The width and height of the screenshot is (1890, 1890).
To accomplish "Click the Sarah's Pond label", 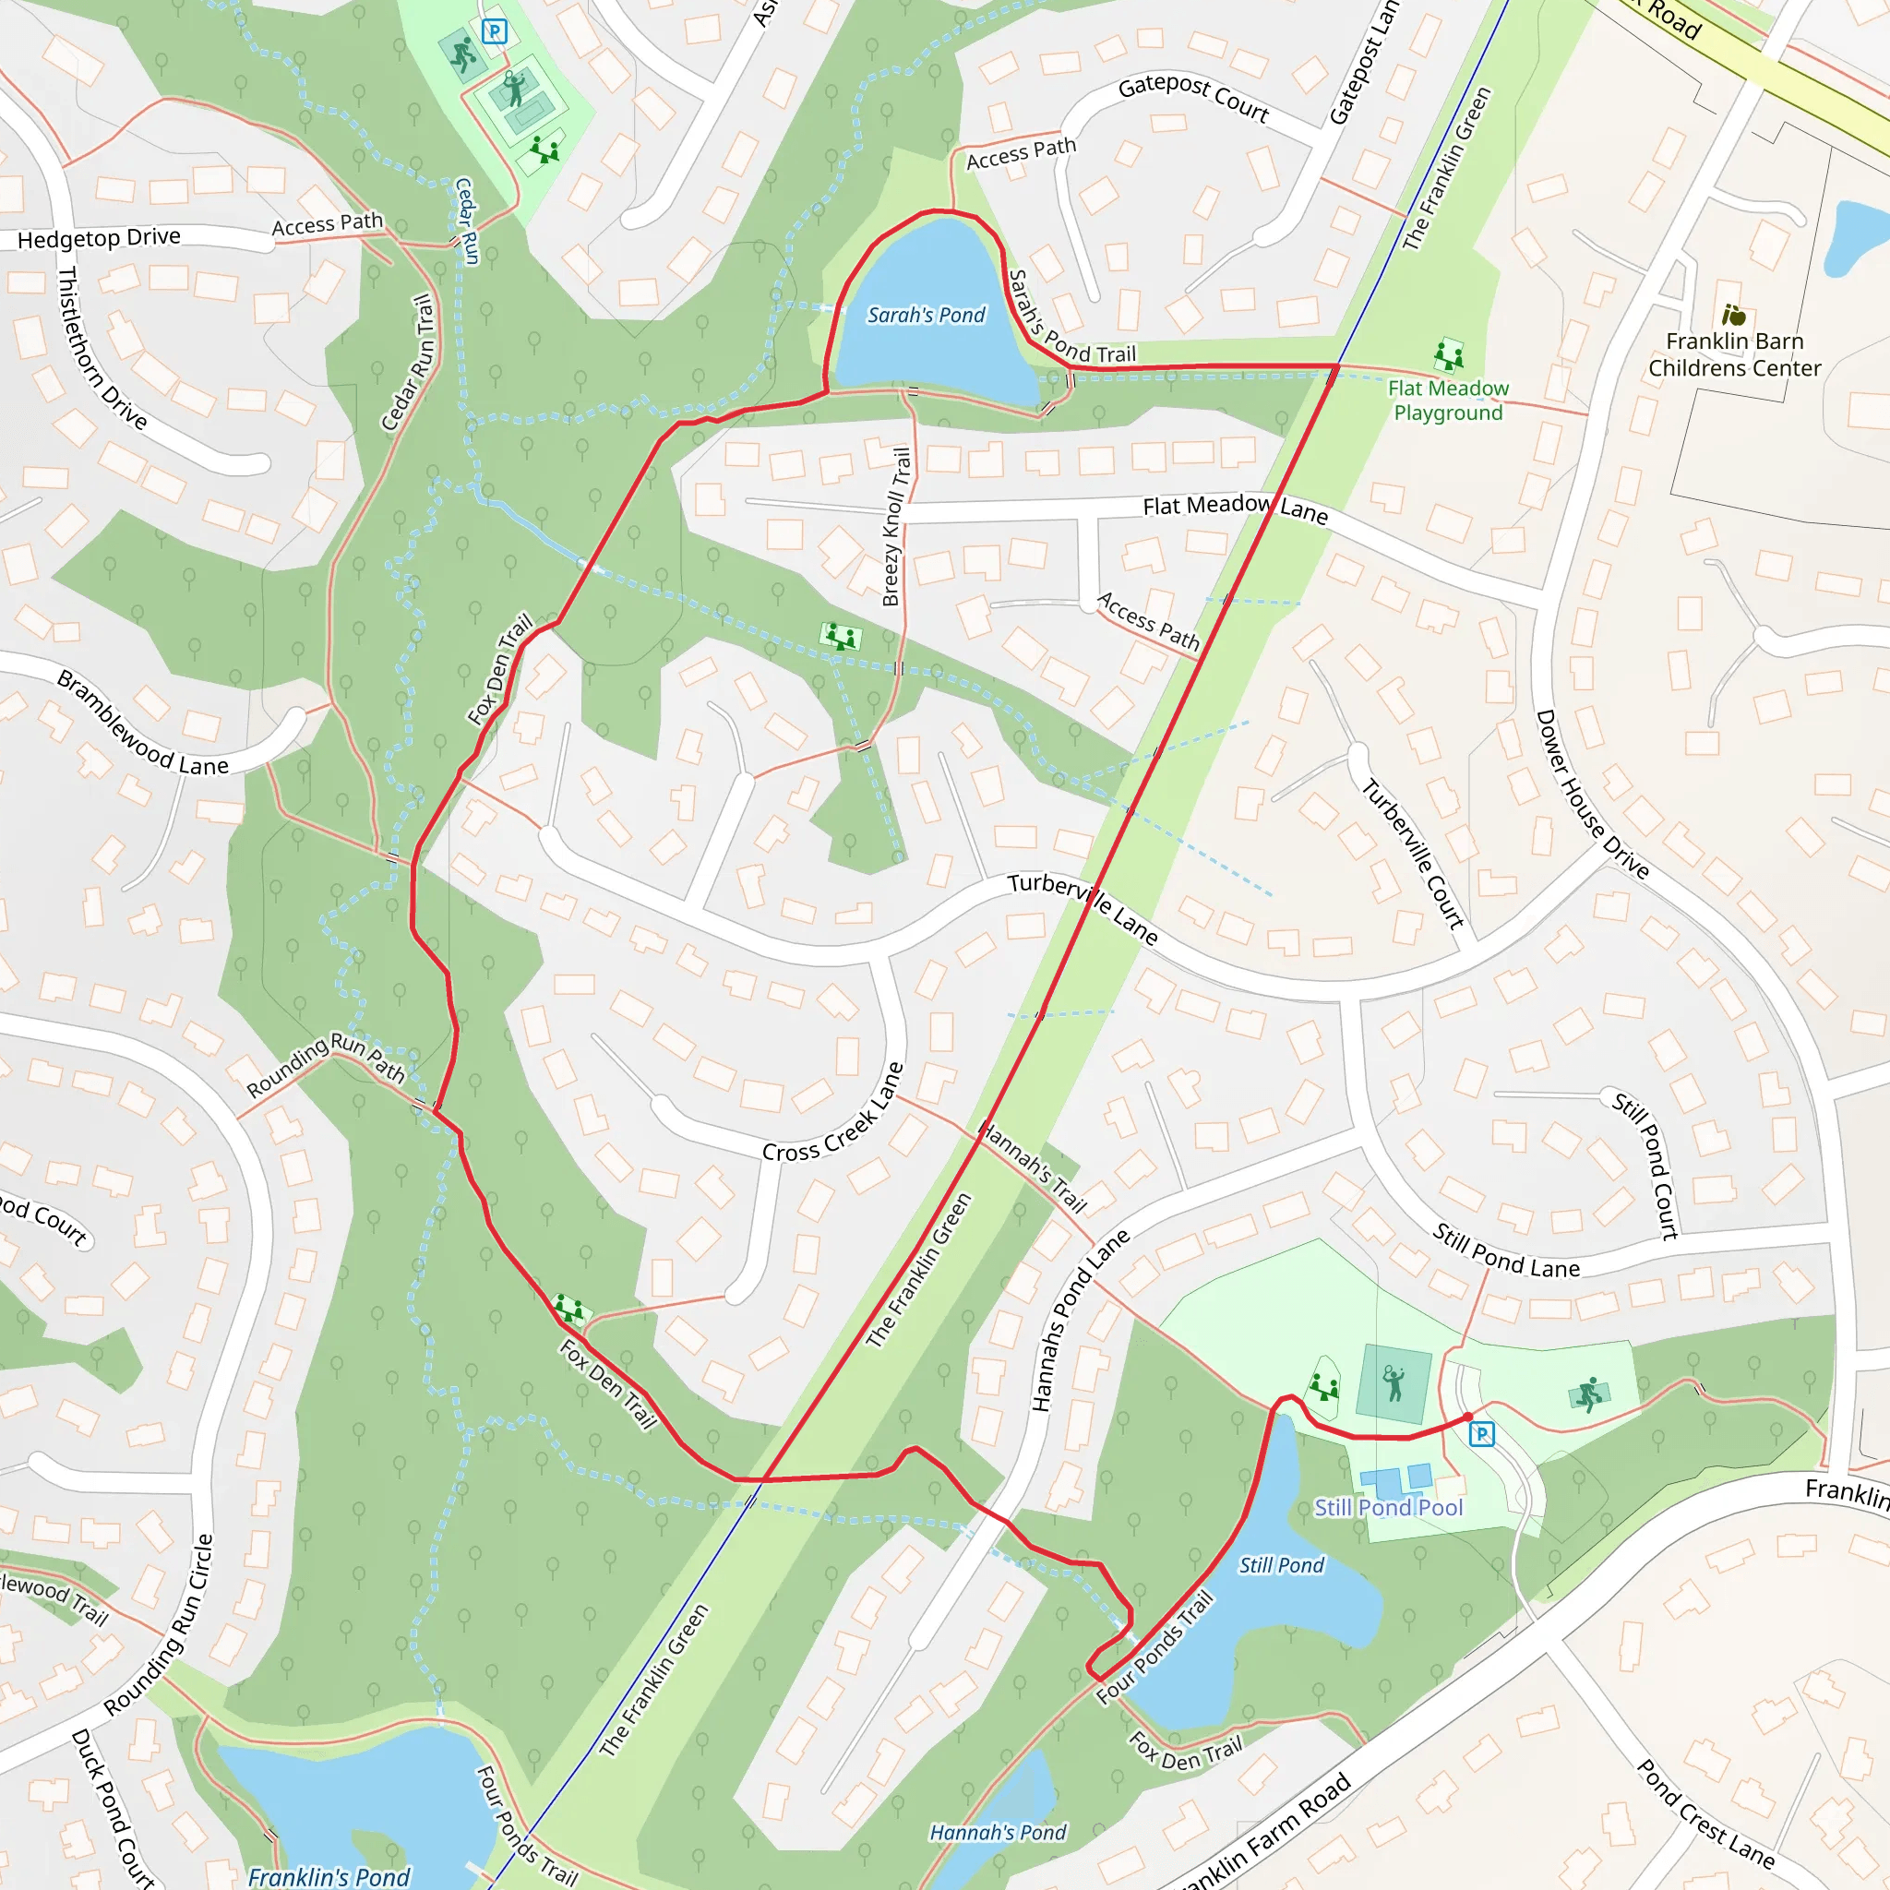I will click(x=926, y=315).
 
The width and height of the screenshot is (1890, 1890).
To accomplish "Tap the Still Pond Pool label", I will click(x=1388, y=1508).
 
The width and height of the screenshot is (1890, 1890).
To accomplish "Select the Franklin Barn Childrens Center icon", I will click(x=1733, y=315).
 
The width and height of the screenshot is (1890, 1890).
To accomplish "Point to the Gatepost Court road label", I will click(x=1193, y=99).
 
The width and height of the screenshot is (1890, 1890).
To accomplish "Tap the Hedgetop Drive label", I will click(x=99, y=238).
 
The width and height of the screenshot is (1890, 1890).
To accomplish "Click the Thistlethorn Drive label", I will click(x=102, y=348).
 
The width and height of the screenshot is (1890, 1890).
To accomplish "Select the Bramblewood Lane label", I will click(x=142, y=724).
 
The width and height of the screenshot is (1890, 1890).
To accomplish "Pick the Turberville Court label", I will click(x=1414, y=853).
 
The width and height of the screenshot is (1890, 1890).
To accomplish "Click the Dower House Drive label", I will click(x=1592, y=795).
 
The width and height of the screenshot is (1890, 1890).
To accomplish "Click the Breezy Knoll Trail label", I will click(x=896, y=526).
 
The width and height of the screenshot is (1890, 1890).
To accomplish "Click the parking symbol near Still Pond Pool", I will click(x=1482, y=1434).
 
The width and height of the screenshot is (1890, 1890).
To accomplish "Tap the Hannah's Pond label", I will click(x=997, y=1832).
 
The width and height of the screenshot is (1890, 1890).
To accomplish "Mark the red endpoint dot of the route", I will click(x=1467, y=1417).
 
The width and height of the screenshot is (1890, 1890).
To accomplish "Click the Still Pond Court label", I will click(x=1645, y=1166).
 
